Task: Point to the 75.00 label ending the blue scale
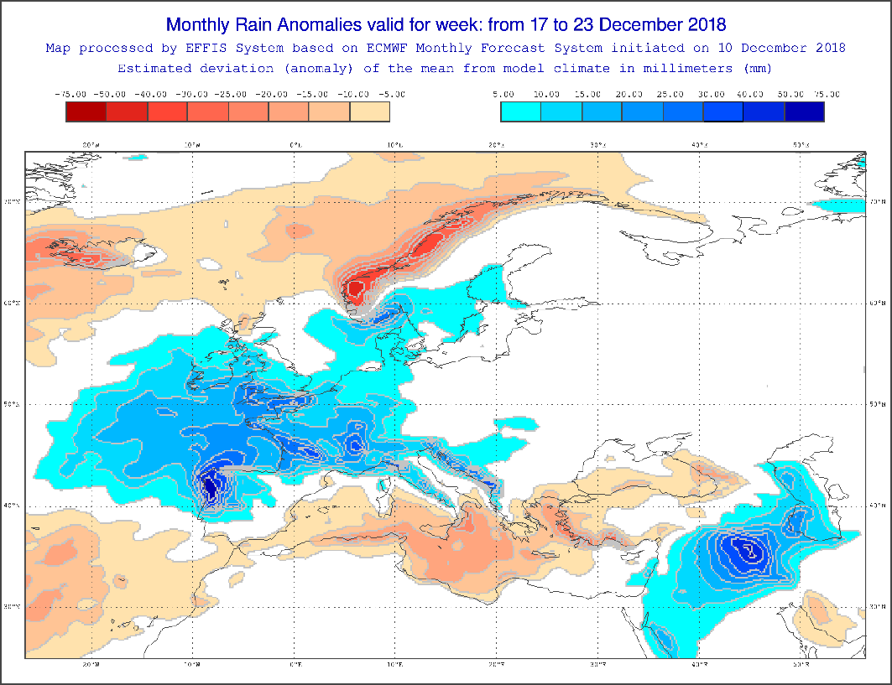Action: point(825,94)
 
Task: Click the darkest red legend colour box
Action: point(86,112)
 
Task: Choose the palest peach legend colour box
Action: point(370,112)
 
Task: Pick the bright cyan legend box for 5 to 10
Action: point(520,112)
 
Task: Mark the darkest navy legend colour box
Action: point(804,112)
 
